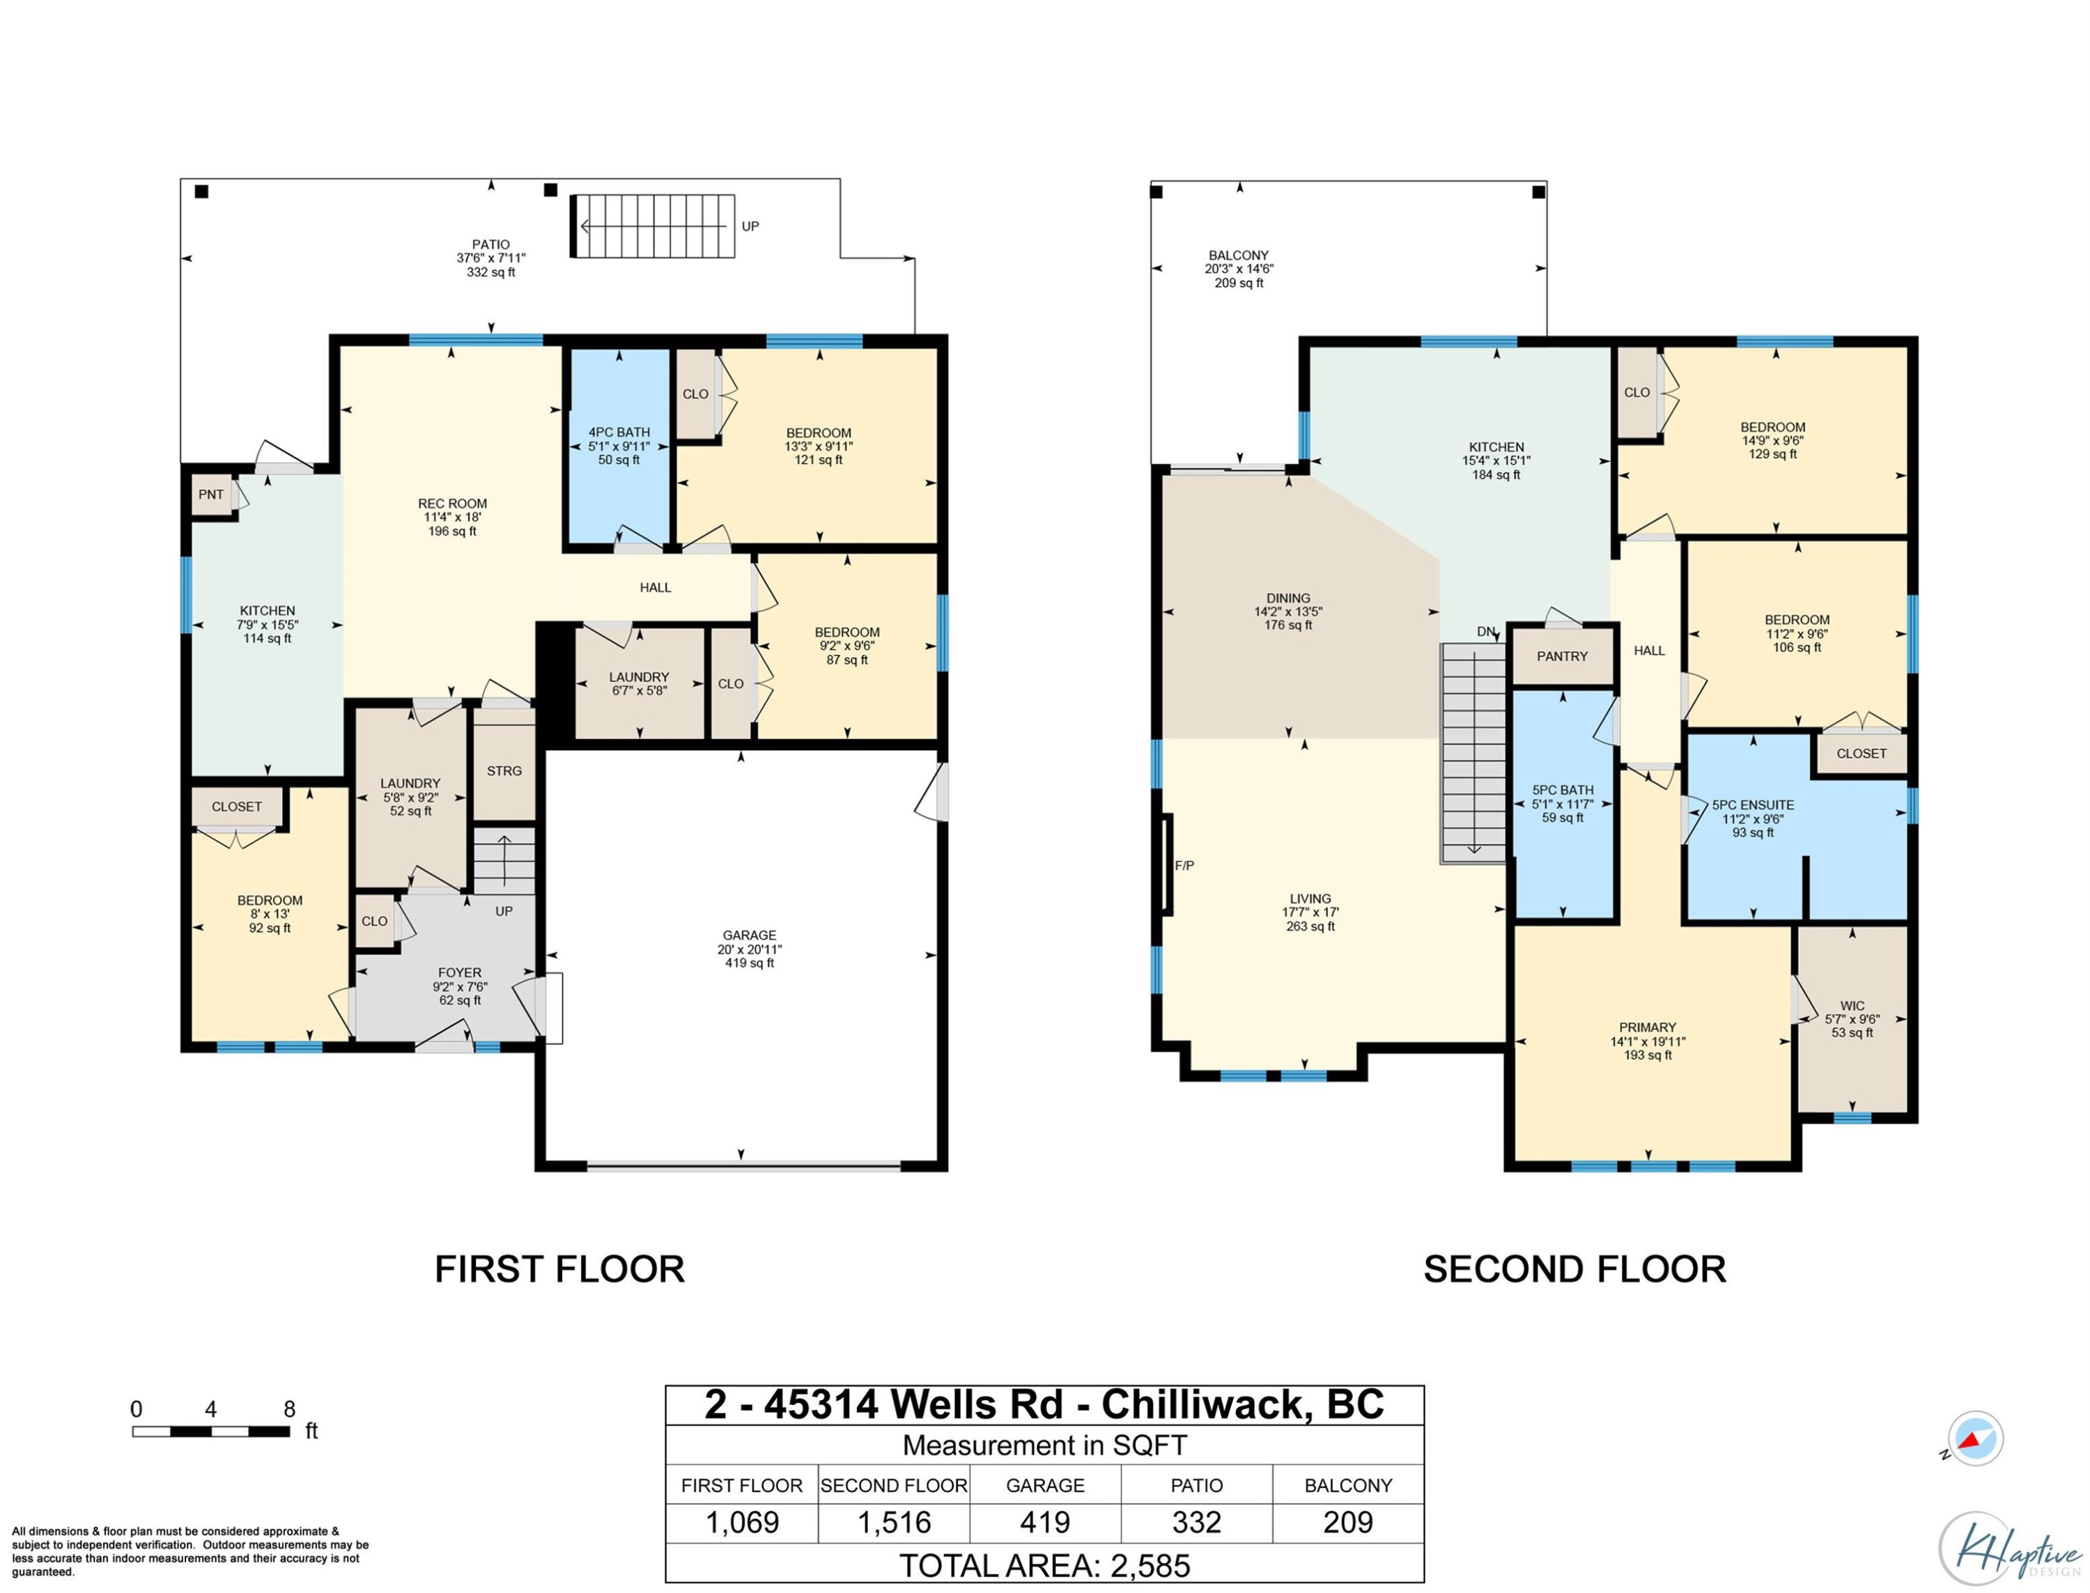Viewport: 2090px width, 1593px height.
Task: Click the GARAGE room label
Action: [x=749, y=935]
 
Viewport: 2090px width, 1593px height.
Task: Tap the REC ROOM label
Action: [x=452, y=504]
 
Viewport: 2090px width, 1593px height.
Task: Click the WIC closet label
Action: [x=1852, y=1006]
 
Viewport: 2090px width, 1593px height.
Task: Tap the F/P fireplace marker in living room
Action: [x=1184, y=866]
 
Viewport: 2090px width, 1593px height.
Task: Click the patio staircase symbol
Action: [x=653, y=226]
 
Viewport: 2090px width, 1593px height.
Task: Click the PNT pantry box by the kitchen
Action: [x=212, y=494]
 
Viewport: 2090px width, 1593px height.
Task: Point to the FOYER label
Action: [x=460, y=972]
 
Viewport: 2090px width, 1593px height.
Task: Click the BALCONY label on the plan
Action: [x=1239, y=255]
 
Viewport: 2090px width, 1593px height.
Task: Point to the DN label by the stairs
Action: [x=1486, y=632]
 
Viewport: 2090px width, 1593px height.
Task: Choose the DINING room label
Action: [x=1287, y=598]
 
